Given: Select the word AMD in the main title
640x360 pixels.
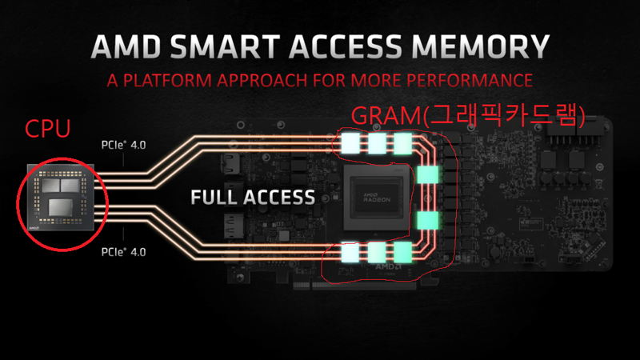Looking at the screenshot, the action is click(126, 46).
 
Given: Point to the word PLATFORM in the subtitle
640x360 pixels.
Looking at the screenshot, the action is click(168, 80).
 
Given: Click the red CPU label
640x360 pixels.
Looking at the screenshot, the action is click(48, 129).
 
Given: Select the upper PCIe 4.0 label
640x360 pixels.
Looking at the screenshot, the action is click(123, 145).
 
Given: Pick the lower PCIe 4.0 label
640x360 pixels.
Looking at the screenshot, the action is click(123, 252).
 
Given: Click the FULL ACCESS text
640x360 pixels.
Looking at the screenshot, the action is click(253, 197).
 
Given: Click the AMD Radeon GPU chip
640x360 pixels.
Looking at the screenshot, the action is click(377, 198).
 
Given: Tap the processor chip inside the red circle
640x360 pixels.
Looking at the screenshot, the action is click(61, 197).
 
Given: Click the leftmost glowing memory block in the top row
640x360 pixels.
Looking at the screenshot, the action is click(350, 143).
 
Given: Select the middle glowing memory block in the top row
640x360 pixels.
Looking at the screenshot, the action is click(377, 143).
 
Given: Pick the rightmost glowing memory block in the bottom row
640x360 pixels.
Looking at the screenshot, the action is click(403, 252).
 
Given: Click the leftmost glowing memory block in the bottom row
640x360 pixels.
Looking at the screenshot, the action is click(350, 252).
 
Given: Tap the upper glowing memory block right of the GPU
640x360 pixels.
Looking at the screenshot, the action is click(428, 174).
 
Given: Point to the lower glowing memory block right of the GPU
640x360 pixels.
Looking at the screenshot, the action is click(428, 220).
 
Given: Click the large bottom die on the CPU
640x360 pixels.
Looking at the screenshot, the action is click(61, 207).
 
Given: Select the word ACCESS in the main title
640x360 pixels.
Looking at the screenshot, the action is click(346, 46).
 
